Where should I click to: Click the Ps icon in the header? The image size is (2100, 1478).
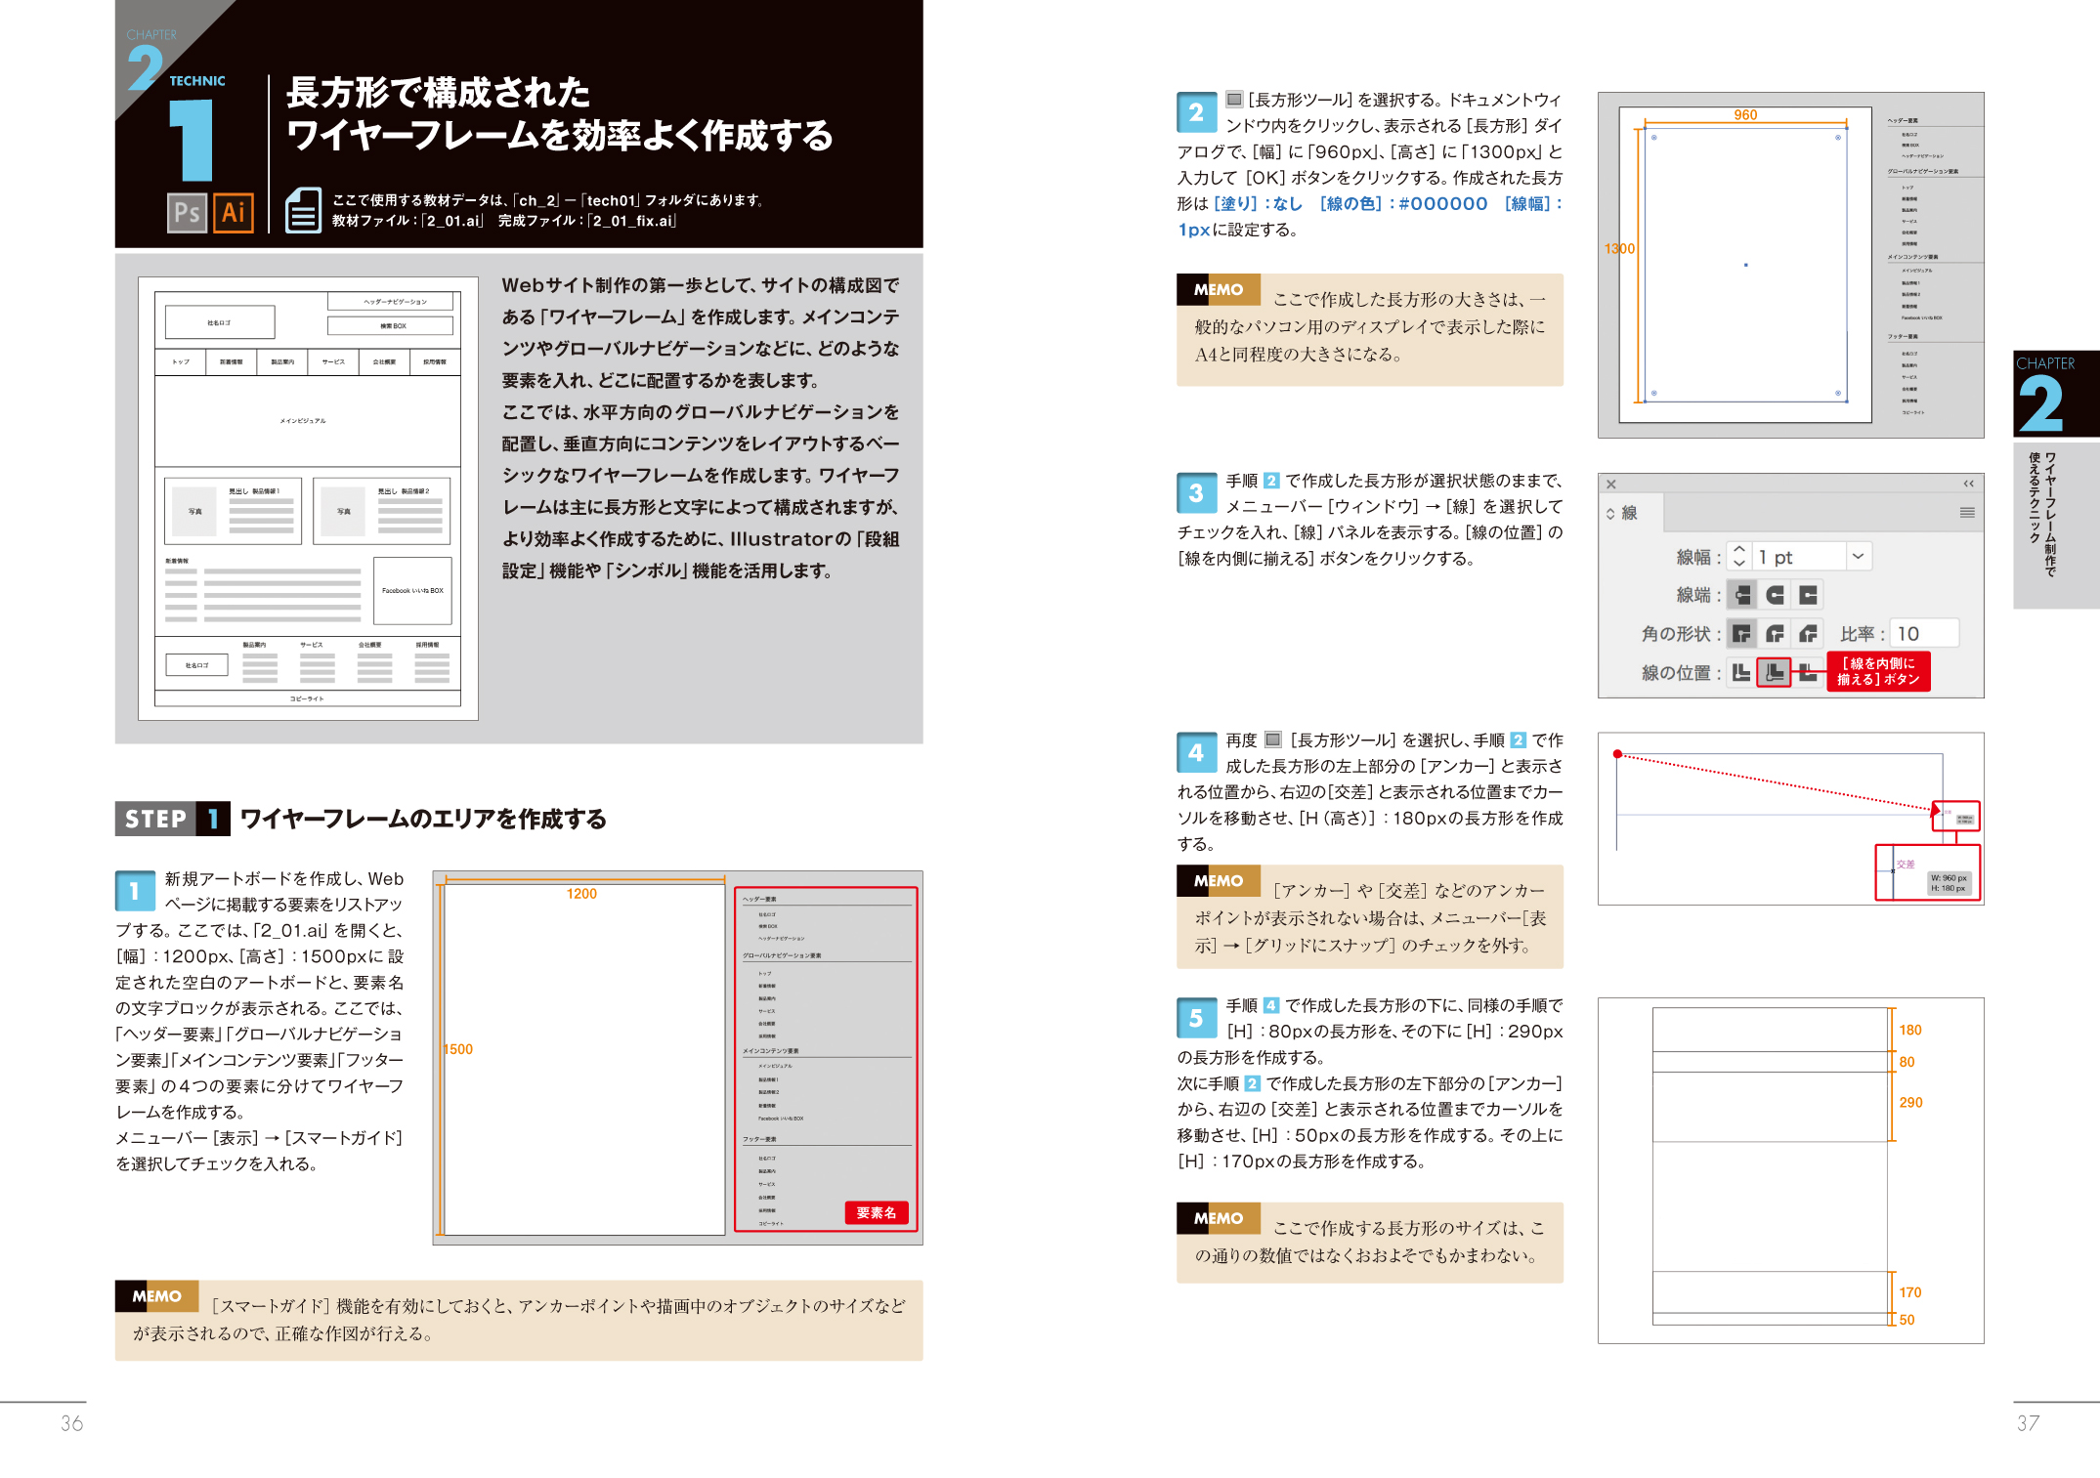(x=187, y=212)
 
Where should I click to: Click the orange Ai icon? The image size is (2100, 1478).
(x=233, y=212)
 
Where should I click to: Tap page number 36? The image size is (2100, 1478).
(x=71, y=1423)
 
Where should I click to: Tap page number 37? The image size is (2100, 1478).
(x=2028, y=1423)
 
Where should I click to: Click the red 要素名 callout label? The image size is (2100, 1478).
(x=876, y=1212)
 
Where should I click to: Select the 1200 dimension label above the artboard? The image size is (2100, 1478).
(x=581, y=894)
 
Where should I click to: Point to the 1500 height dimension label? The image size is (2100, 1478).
(x=458, y=1049)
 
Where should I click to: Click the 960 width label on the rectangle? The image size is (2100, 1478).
(x=1745, y=115)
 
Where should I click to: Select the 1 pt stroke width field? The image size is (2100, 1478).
(x=1798, y=557)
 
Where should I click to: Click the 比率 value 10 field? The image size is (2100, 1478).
(x=1922, y=634)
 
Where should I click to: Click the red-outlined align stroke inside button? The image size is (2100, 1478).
(x=1774, y=672)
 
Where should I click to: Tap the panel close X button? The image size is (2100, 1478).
(x=1611, y=485)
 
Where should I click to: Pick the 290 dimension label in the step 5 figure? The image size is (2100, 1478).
(x=1910, y=1102)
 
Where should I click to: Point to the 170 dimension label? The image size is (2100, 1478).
(x=1909, y=1292)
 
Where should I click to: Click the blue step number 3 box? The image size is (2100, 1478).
(x=1196, y=493)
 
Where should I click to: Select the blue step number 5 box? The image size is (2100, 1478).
(x=1196, y=1018)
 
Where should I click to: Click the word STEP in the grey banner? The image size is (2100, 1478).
(x=155, y=819)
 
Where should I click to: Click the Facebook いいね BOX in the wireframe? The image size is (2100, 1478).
(x=412, y=590)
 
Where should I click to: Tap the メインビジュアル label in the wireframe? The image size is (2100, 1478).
(x=303, y=421)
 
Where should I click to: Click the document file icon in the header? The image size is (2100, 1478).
(x=303, y=210)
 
